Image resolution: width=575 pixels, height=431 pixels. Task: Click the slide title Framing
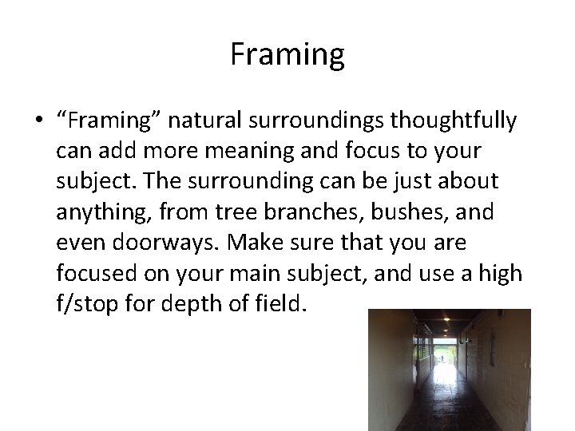coord(287,54)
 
